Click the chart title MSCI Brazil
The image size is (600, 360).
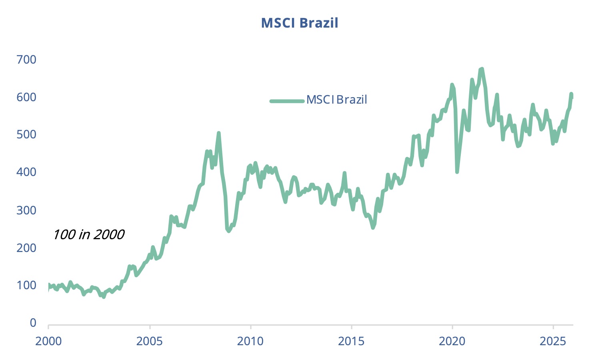pos(300,23)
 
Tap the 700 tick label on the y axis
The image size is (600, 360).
pos(26,60)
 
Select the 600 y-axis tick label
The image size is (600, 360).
pos(26,97)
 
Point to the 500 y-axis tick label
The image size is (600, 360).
pos(26,134)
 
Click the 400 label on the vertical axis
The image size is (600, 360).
pos(26,172)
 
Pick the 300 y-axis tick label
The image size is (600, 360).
pos(26,210)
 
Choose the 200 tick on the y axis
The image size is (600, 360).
pos(26,248)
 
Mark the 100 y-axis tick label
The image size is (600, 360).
pos(26,285)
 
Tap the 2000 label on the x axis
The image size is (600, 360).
pos(48,341)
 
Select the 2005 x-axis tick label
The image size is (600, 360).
pos(150,341)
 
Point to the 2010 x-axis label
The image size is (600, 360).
pos(250,341)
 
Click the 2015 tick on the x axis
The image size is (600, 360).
pos(352,341)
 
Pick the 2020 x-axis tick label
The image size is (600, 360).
pos(452,341)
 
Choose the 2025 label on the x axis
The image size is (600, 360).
pos(553,341)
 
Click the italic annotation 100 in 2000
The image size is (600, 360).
pos(88,234)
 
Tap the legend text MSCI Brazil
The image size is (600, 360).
pos(336,100)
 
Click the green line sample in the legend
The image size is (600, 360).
pos(287,101)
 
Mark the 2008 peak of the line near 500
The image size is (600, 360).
pos(218,133)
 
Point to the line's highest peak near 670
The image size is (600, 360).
pos(482,69)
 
